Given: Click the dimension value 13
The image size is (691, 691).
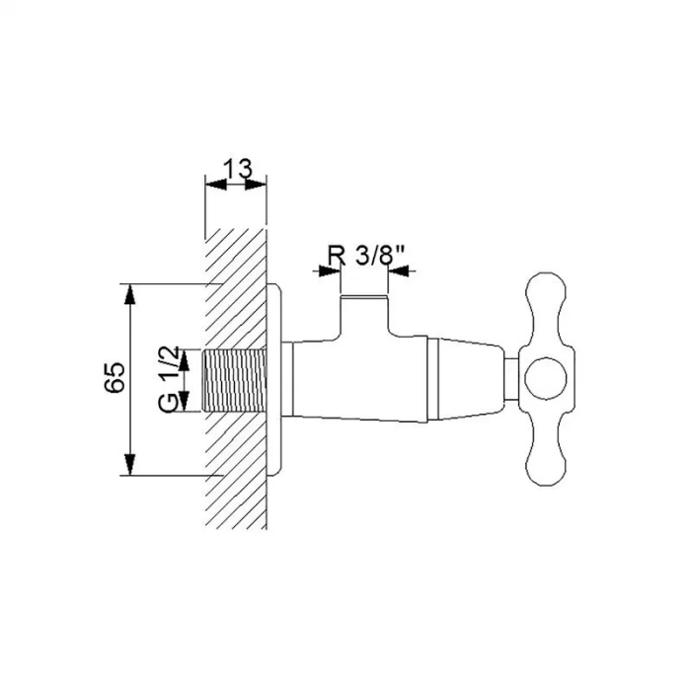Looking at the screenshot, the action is click(238, 168).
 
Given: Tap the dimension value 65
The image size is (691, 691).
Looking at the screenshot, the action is click(115, 378).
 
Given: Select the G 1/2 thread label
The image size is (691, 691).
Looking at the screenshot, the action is click(169, 379).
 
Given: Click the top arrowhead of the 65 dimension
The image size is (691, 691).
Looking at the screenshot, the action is click(129, 295).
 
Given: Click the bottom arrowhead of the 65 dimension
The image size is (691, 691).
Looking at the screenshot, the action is click(129, 465).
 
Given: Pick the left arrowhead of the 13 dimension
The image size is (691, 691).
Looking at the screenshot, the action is click(216, 185).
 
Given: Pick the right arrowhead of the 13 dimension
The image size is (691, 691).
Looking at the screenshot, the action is click(256, 185).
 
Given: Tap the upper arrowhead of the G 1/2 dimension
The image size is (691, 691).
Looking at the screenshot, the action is click(185, 360).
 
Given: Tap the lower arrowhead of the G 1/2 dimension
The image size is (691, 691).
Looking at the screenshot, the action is click(185, 402).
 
